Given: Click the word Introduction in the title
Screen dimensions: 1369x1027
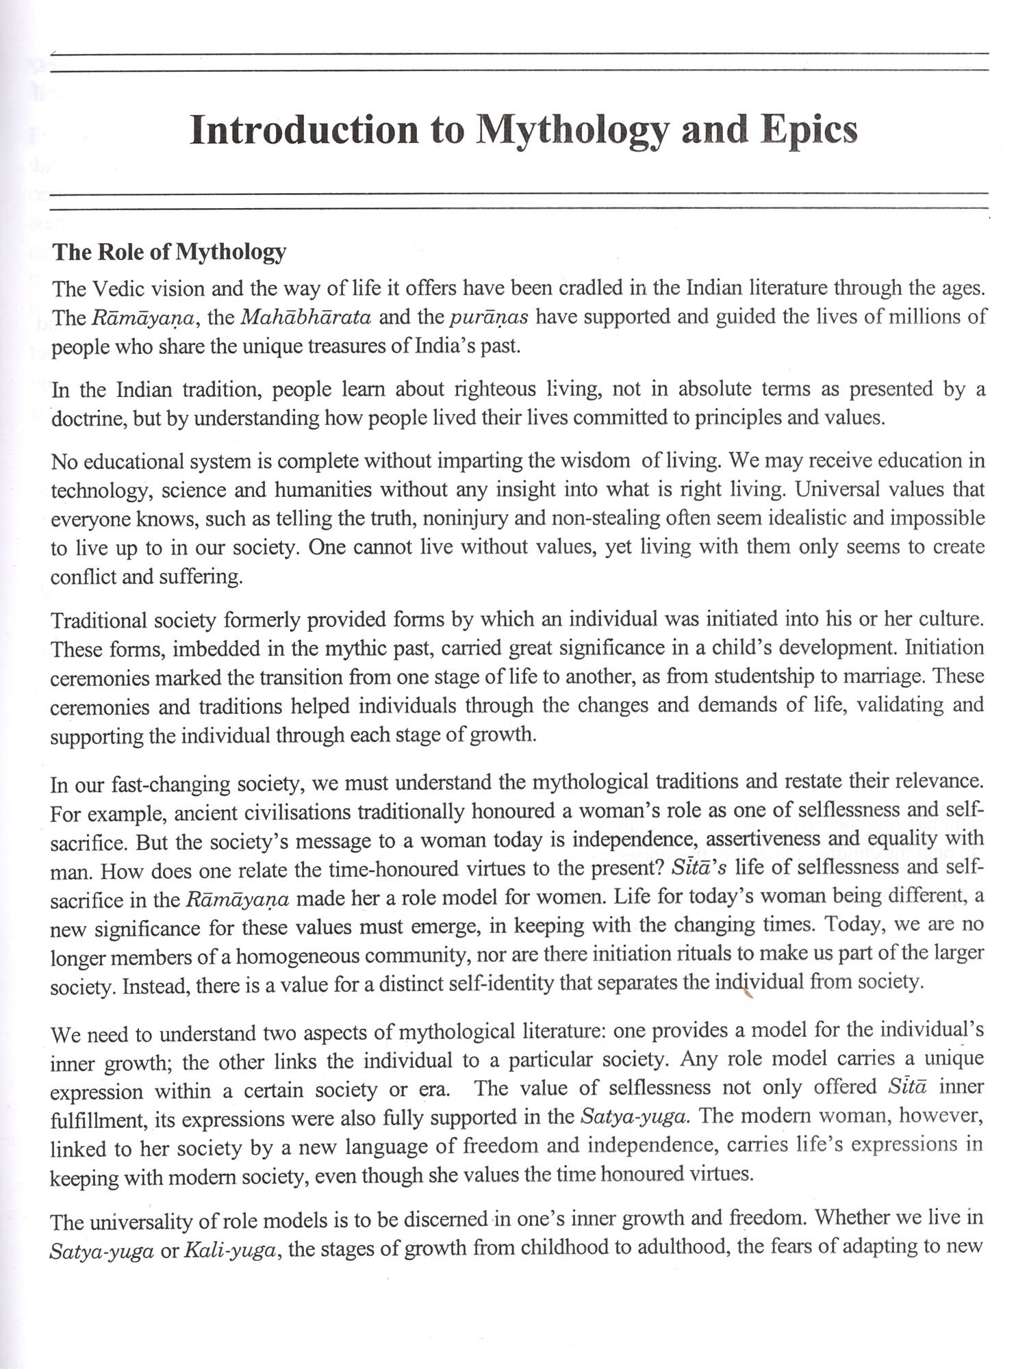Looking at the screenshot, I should [303, 130].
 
